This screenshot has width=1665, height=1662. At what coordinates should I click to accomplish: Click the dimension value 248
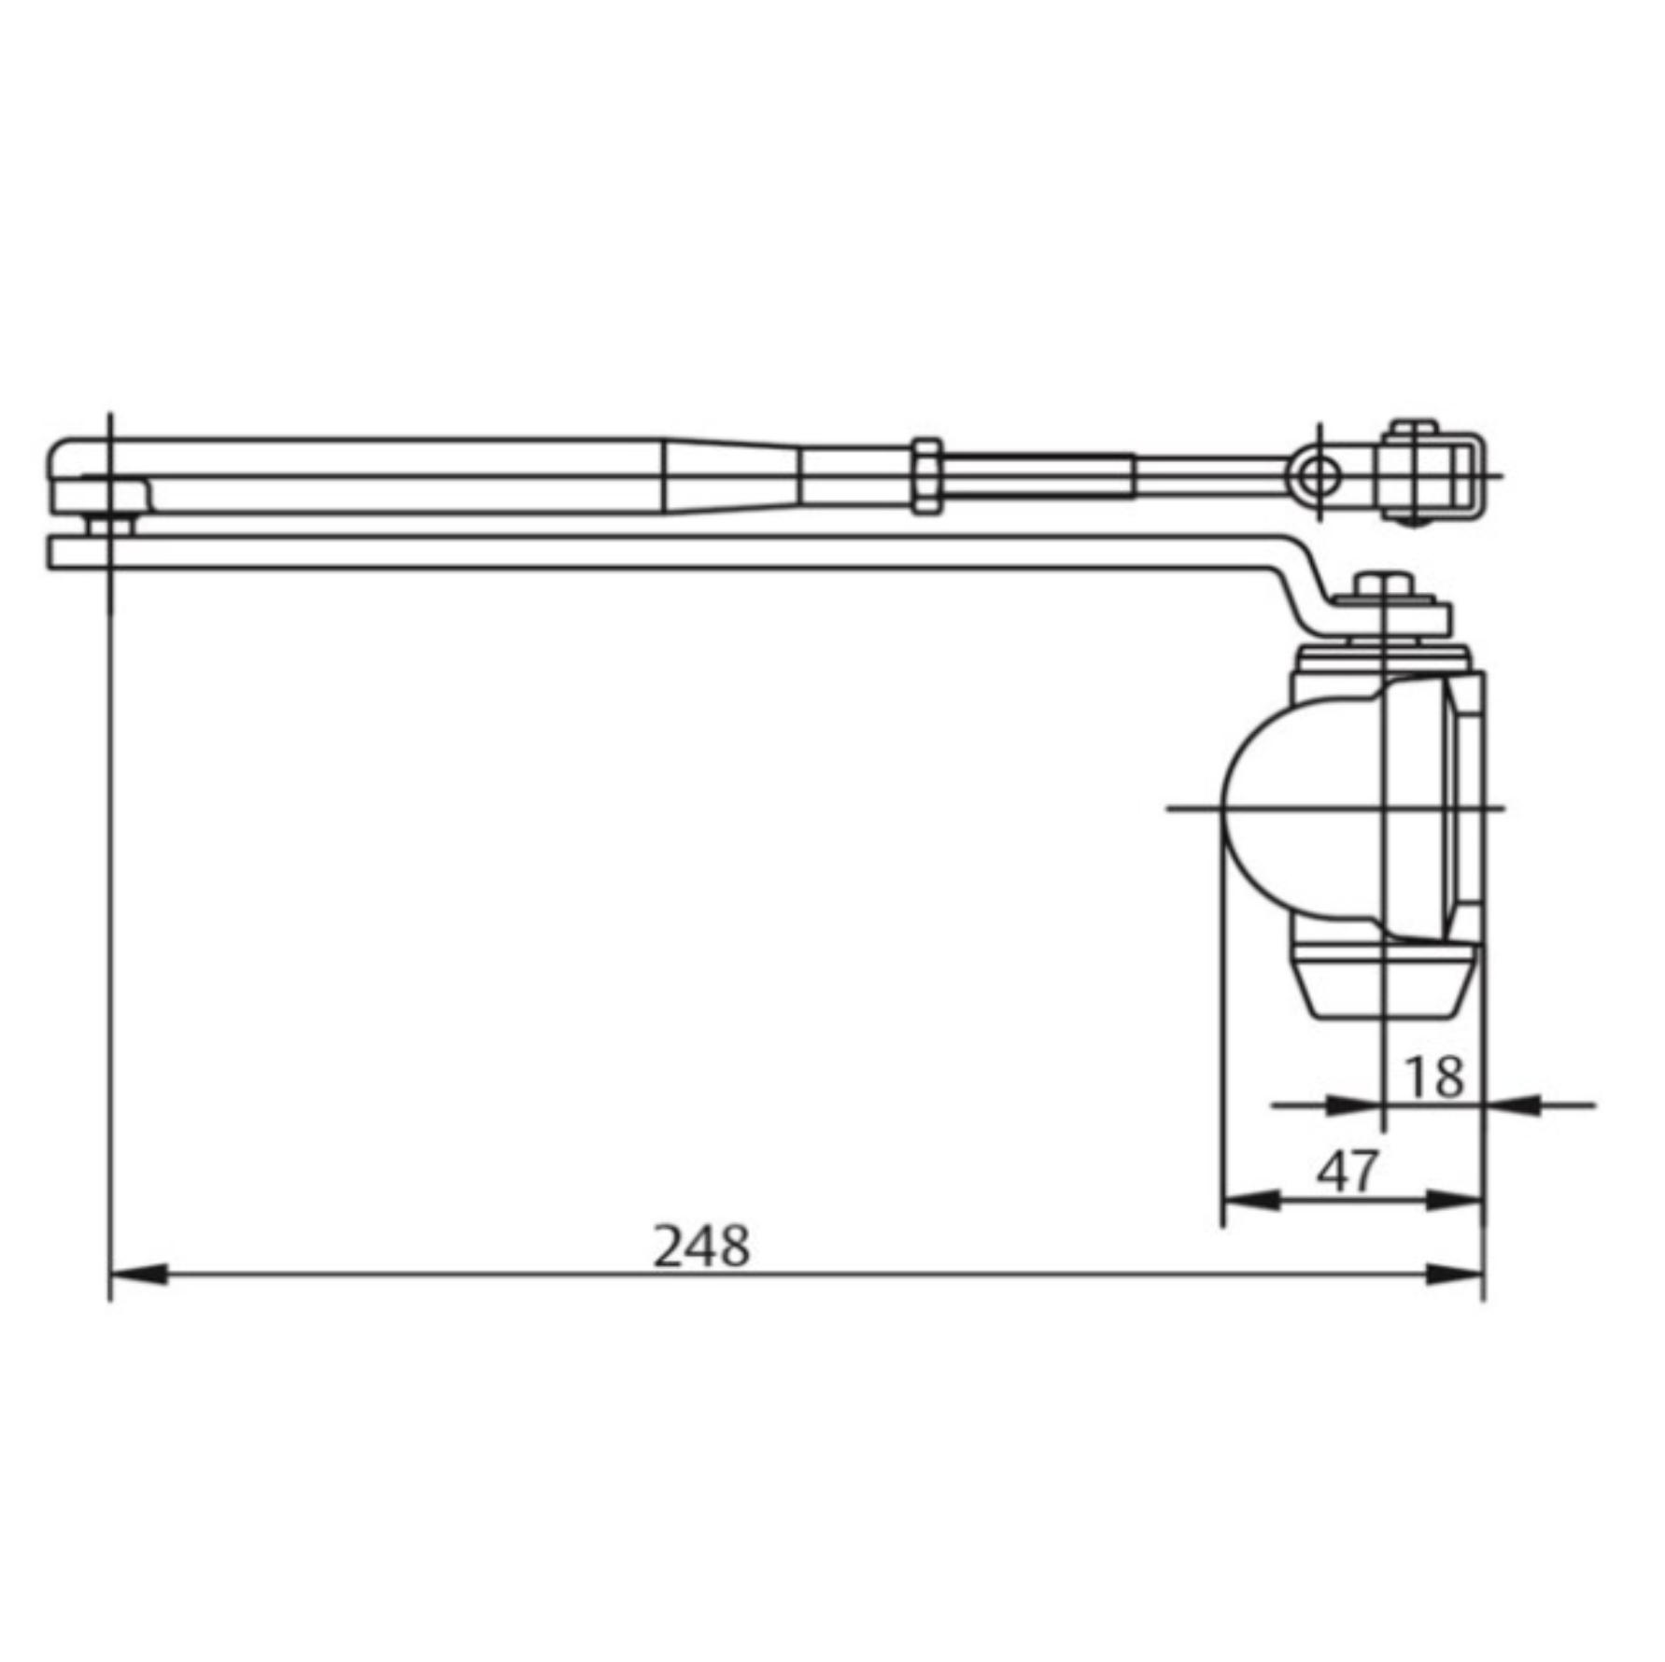701,1246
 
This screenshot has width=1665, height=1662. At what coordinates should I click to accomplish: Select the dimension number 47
1347,1171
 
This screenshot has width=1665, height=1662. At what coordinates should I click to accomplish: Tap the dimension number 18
1434,1077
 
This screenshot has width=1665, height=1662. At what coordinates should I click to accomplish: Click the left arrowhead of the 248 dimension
140,1274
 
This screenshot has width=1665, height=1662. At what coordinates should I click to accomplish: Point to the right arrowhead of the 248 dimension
1454,1274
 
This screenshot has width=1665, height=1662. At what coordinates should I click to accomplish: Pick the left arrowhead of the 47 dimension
1251,1201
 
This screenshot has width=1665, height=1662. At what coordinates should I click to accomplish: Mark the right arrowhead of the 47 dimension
1455,1201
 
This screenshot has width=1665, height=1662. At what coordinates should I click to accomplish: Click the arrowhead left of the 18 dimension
1352,1106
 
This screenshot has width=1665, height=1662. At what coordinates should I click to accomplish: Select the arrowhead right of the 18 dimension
1513,1106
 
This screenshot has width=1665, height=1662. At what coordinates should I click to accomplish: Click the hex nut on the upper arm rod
925,475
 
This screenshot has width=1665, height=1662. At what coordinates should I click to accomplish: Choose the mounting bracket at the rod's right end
1427,473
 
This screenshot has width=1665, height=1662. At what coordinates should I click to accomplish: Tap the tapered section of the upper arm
732,475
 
